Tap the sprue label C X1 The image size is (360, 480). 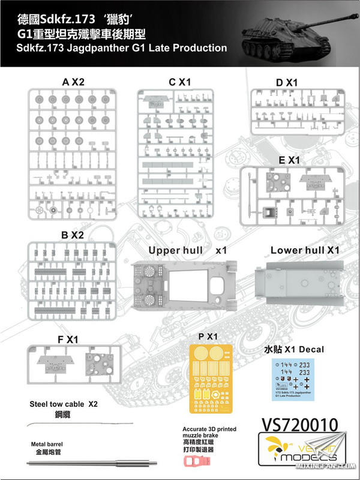coord(179,81)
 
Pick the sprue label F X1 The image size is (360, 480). coord(65,339)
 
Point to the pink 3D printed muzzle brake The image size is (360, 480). coord(199,463)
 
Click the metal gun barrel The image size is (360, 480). coord(90,463)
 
